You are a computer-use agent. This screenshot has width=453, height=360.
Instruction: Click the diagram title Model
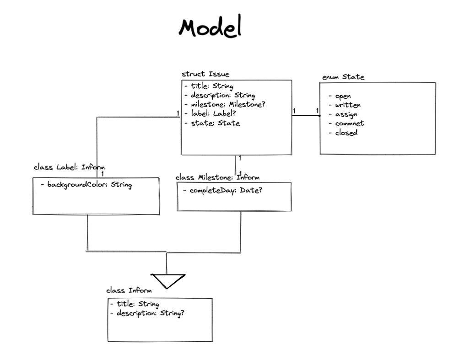[210, 28]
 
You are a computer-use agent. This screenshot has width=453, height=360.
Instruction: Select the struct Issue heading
[205, 74]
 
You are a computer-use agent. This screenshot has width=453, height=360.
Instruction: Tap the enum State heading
[343, 77]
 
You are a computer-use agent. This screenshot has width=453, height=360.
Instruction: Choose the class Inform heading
[129, 290]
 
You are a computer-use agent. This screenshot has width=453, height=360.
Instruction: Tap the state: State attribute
[212, 123]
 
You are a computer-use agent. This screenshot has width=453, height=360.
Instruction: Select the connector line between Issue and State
[306, 116]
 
